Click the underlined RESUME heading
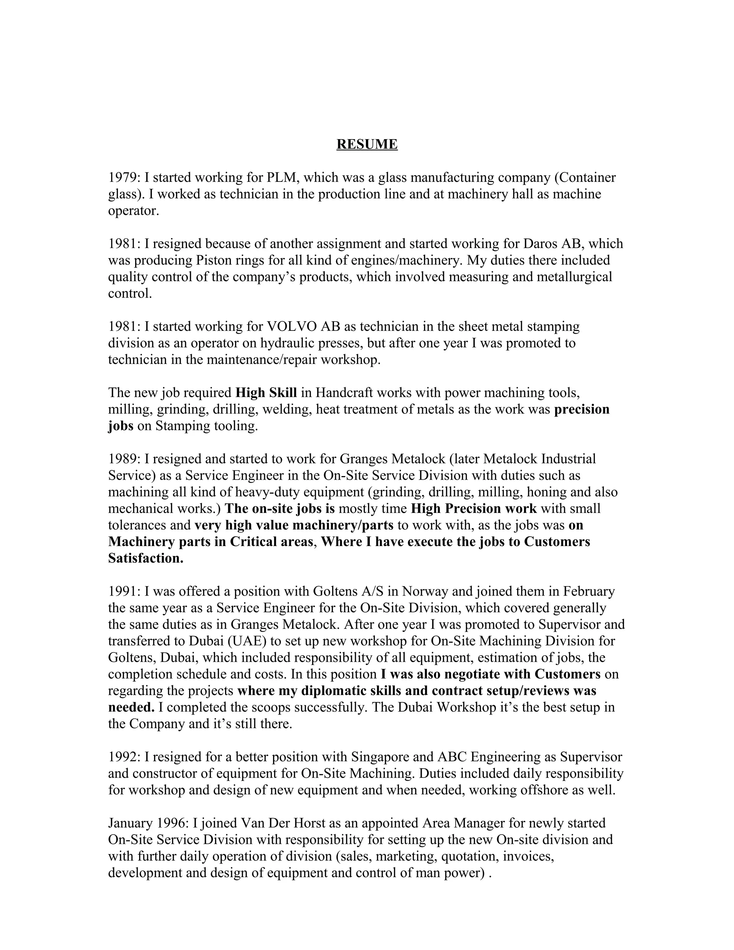tap(367, 144)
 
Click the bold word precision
tap(581, 409)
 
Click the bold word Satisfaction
tap(145, 558)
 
